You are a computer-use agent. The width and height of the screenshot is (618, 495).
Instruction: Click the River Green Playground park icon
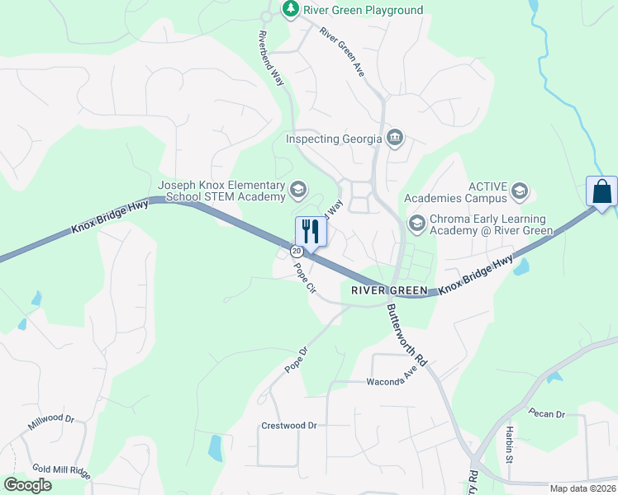pyautogui.click(x=290, y=9)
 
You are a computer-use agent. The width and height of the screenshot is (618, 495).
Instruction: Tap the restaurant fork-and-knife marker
pyautogui.click(x=311, y=230)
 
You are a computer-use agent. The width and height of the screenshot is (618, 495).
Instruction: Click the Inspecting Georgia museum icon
pyautogui.click(x=395, y=137)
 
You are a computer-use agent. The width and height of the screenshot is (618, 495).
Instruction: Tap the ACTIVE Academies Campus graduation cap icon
pyautogui.click(x=519, y=192)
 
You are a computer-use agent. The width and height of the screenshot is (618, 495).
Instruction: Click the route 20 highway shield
pyautogui.click(x=296, y=249)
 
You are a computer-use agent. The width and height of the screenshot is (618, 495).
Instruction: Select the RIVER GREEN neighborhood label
pyautogui.click(x=389, y=290)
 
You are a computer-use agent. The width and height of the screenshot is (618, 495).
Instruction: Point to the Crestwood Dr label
pyautogui.click(x=289, y=426)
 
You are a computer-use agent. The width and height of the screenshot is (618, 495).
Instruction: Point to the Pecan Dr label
pyautogui.click(x=548, y=413)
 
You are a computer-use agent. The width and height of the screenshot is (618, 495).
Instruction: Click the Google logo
pyautogui.click(x=27, y=485)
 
